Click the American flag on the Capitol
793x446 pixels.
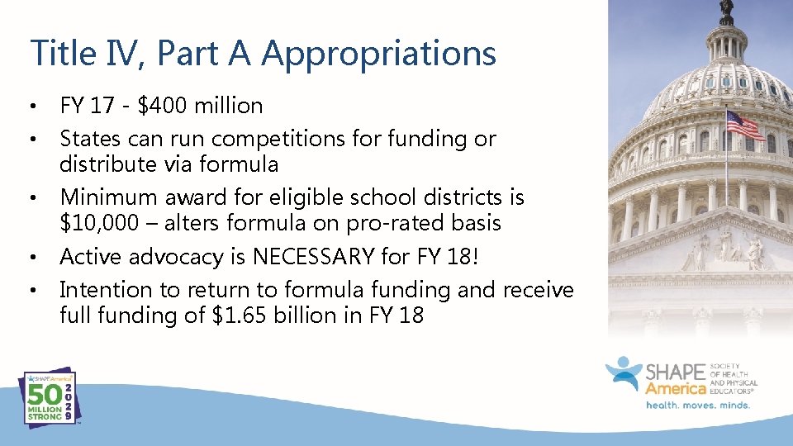743,126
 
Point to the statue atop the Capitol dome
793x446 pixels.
726,11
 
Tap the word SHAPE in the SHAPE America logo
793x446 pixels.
676,372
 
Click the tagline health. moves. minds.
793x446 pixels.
697,405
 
